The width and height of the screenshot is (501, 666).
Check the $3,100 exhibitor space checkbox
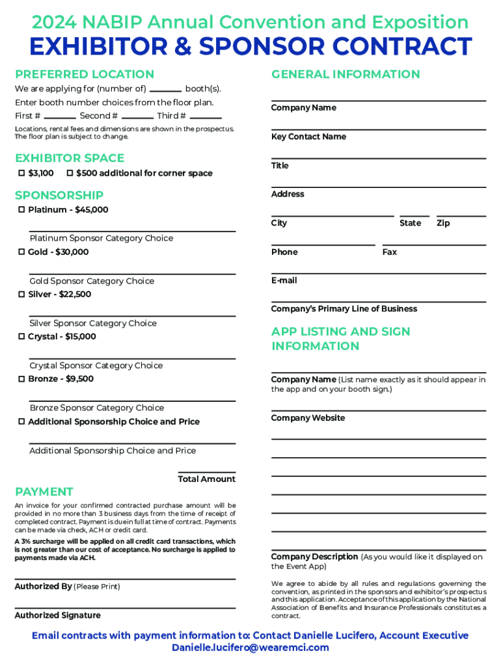(21, 173)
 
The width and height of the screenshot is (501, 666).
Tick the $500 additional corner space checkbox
(70, 173)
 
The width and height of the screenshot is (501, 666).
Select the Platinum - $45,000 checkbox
(21, 209)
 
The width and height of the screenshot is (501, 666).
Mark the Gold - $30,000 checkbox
(21, 252)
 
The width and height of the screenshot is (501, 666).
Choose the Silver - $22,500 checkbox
(21, 294)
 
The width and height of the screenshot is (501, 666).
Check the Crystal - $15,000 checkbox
(21, 336)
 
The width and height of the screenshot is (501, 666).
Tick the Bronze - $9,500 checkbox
(21, 379)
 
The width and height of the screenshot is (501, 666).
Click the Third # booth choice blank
(206, 117)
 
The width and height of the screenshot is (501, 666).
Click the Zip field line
(461, 215)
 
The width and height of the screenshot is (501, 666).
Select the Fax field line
(434, 244)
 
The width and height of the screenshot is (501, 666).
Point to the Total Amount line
(206, 472)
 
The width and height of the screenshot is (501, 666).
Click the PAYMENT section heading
(44, 492)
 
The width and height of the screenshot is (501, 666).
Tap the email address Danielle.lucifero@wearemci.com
(251, 648)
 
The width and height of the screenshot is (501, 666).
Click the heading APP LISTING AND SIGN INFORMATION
(340, 339)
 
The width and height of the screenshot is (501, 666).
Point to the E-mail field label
(284, 280)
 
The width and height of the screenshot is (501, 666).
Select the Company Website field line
(378, 410)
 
